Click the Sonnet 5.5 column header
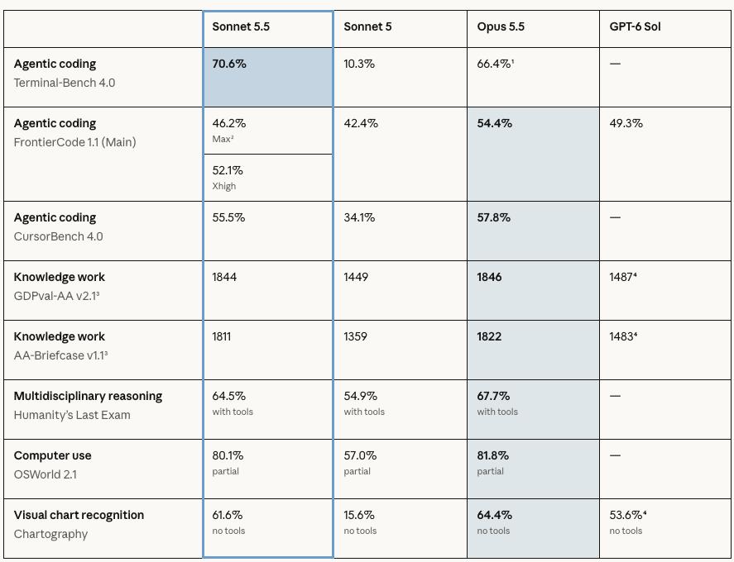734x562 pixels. [x=241, y=26]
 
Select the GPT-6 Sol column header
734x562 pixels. [x=635, y=26]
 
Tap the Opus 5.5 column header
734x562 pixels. [x=501, y=26]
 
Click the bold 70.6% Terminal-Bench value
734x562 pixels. [x=229, y=64]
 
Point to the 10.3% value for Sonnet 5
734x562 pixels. [x=359, y=64]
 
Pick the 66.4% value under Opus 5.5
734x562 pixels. [x=495, y=64]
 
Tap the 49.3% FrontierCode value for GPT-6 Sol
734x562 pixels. [x=626, y=123]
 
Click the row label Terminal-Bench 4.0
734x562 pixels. [x=65, y=83]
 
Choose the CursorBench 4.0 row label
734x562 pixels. [x=59, y=236]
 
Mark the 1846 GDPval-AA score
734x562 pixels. [x=489, y=277]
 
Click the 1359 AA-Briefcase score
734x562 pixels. [x=355, y=336]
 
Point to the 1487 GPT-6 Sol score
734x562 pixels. [x=622, y=277]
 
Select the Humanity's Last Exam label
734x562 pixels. [x=72, y=415]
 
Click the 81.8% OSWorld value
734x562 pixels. [x=493, y=455]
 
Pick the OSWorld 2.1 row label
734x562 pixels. [x=46, y=474]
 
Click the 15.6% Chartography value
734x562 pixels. [x=359, y=515]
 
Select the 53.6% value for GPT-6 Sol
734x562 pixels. [x=628, y=515]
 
